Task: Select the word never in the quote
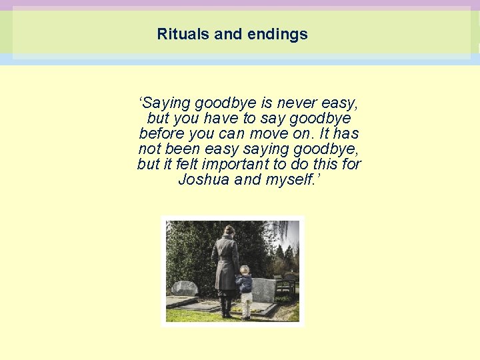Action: click(x=297, y=103)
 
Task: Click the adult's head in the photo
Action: click(x=229, y=231)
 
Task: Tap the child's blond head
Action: click(x=245, y=270)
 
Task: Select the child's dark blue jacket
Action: click(x=245, y=283)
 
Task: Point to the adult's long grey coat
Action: click(x=225, y=263)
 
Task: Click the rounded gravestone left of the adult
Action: click(x=185, y=288)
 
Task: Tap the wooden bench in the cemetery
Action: click(x=285, y=285)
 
